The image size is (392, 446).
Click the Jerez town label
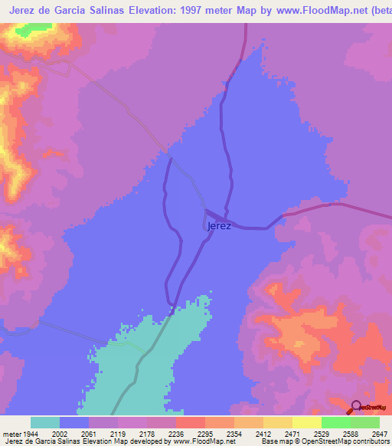219,226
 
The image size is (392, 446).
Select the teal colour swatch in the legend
45,422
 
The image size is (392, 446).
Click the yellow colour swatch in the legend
306,422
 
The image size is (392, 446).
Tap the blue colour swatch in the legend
74,422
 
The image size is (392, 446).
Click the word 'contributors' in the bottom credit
371,442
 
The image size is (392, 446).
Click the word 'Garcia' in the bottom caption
41,442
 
